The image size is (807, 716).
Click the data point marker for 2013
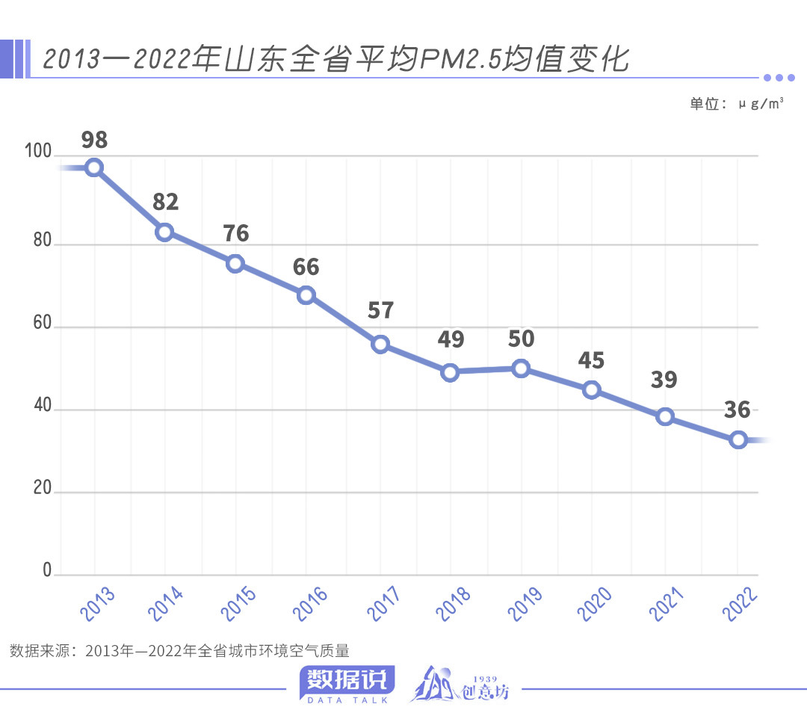(x=94, y=167)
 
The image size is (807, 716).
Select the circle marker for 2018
(x=450, y=372)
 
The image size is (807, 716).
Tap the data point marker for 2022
(x=738, y=439)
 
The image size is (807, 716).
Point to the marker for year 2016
(x=306, y=295)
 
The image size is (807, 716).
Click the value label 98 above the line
(x=94, y=140)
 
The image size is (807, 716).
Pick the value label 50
(x=521, y=339)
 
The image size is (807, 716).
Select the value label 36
(x=737, y=410)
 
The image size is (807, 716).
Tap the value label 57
(x=380, y=310)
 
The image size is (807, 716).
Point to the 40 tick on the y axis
(x=41, y=408)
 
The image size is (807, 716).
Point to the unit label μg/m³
(x=761, y=104)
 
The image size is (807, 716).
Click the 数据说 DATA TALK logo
(x=347, y=684)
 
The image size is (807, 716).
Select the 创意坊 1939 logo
(x=460, y=684)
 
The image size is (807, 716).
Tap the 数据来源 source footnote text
(x=180, y=650)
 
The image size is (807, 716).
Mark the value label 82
(x=165, y=202)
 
